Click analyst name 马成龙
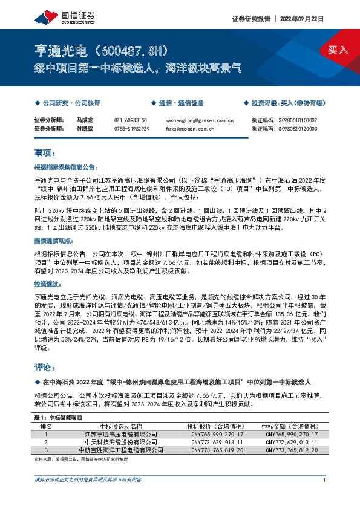point(85,120)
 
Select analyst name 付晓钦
point(85,129)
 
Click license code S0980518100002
point(293,120)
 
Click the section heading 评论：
point(45,367)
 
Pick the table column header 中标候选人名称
point(121,426)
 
